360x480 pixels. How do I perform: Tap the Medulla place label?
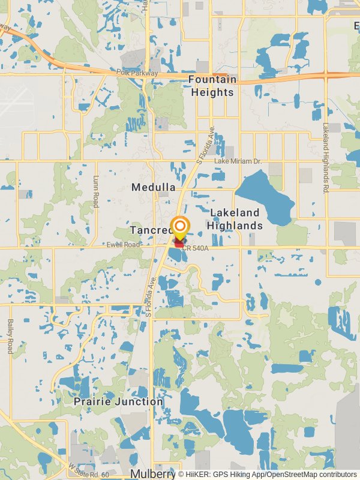point(154,187)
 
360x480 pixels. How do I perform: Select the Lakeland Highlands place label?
point(235,219)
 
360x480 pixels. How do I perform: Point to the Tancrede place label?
point(150,230)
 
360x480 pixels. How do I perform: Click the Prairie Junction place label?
point(118,401)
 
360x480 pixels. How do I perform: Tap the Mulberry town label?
point(152,473)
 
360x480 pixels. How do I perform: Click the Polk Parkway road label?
point(137,73)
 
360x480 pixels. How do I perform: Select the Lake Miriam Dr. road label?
point(239,161)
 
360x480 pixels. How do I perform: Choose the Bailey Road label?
point(10,336)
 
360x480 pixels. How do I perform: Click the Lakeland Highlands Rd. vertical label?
point(325,158)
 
